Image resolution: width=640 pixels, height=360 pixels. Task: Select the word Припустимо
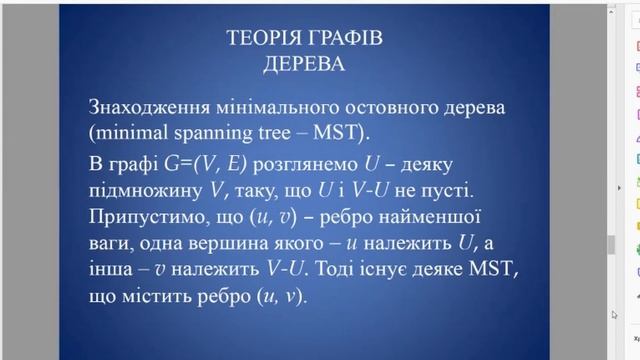(x=147, y=217)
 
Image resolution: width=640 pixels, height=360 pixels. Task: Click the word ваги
(x=111, y=243)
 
